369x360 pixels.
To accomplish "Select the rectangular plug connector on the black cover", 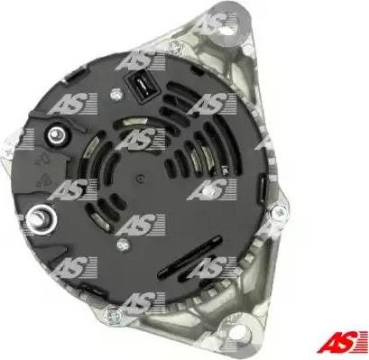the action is pyautogui.click(x=142, y=88).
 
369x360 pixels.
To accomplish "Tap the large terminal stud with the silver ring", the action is pyautogui.click(x=41, y=219).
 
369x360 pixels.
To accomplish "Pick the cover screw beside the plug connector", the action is pyautogui.click(x=115, y=96).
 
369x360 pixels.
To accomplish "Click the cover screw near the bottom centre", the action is pyautogui.click(x=124, y=245).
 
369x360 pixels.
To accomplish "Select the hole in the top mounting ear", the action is pyautogui.click(x=226, y=26).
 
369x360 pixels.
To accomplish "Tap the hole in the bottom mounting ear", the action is pyautogui.click(x=239, y=332).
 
